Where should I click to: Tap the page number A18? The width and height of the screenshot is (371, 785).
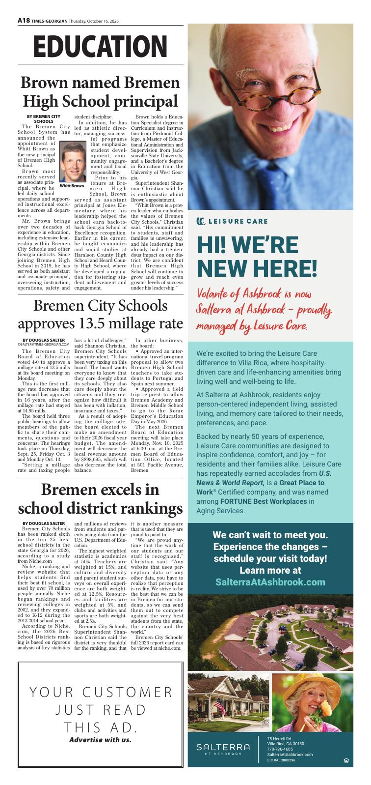[x=24, y=21]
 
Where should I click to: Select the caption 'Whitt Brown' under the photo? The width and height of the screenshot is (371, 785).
[x=72, y=186]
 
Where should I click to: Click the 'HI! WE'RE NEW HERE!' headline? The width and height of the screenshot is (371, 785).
[x=257, y=256]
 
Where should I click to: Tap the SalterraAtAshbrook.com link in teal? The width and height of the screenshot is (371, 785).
[x=270, y=582]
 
